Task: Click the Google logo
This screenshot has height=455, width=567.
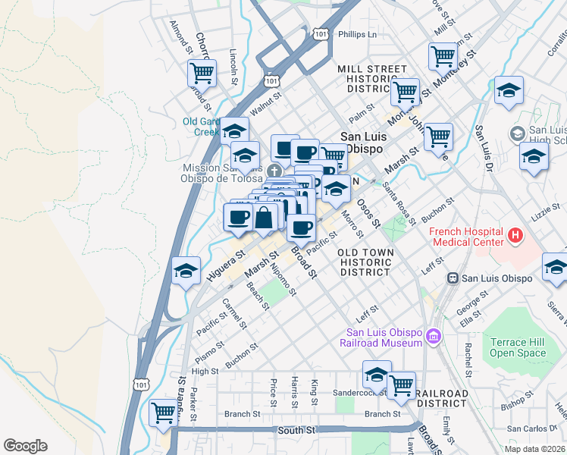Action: pos(26,446)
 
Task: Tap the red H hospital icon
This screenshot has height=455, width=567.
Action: pos(515,236)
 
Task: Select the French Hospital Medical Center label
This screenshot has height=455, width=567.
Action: pos(466,237)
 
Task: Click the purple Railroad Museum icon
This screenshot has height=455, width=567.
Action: pos(433,335)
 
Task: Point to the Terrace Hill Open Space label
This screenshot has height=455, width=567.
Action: pos(518,347)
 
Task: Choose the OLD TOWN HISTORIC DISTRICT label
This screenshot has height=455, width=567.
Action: pos(365,262)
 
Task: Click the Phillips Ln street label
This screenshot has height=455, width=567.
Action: pos(357,34)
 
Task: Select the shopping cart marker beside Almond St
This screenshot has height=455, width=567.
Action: pos(202,73)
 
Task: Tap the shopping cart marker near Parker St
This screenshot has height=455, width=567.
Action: pos(163,413)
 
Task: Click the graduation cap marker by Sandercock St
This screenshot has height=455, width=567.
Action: pos(377,374)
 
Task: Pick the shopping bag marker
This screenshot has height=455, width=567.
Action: pos(265,218)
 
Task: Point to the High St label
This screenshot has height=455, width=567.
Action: pos(205,372)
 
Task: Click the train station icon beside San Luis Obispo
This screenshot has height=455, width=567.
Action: pos(453,278)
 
